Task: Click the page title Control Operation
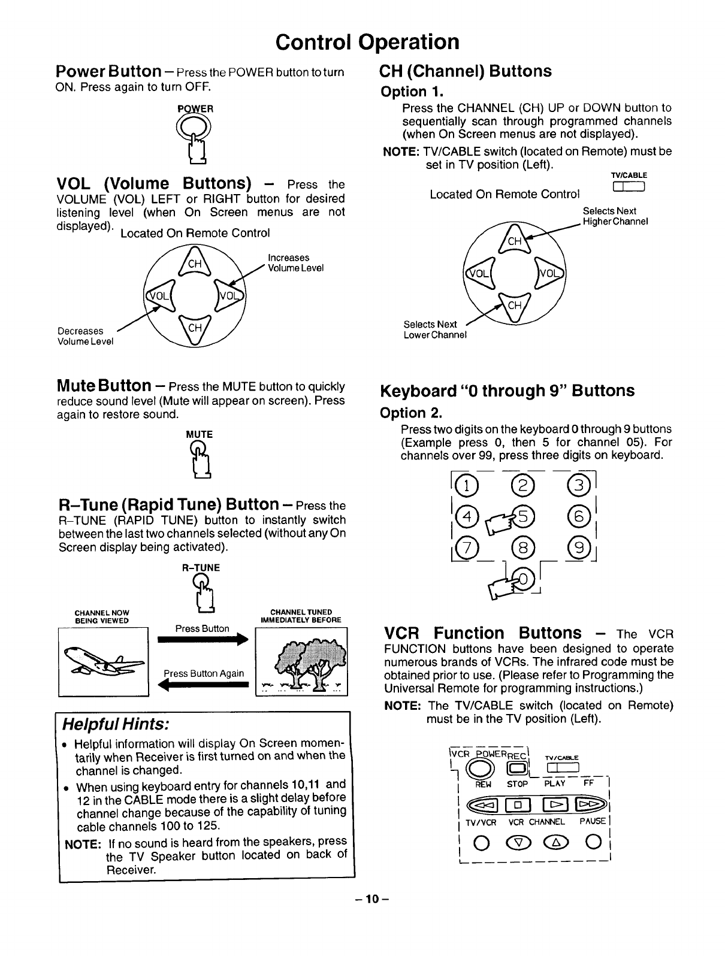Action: pos(367,42)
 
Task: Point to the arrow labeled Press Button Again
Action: pos(204,685)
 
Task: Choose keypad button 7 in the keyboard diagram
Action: pos(464,547)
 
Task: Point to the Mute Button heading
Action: pos(111,385)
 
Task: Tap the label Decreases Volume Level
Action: pos(84,336)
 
